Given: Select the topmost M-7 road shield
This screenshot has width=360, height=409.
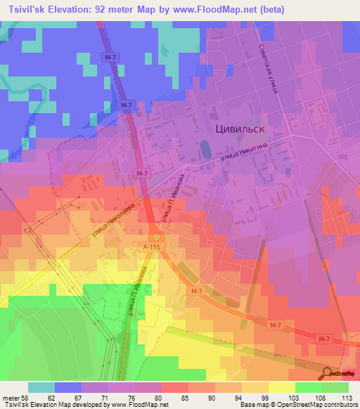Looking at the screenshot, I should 108,57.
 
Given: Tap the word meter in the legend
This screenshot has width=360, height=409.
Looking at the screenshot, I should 12,397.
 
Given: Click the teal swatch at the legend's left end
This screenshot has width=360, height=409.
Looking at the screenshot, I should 41,387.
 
